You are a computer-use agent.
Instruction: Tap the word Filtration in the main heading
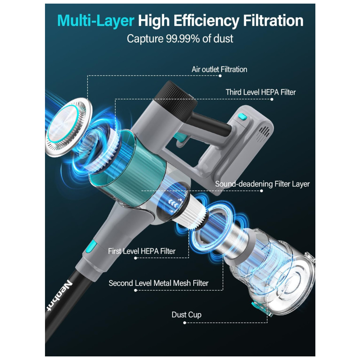pyautogui.click(x=273, y=21)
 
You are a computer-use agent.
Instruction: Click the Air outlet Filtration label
pyautogui.click(x=219, y=69)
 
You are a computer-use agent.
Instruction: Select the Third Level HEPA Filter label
pyautogui.click(x=261, y=92)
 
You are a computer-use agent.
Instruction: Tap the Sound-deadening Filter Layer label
pyautogui.click(x=262, y=184)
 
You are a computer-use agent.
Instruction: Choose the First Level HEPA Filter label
pyautogui.click(x=141, y=251)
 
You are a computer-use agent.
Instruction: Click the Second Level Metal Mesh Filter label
pyautogui.click(x=158, y=283)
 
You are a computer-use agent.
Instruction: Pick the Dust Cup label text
pyautogui.click(x=186, y=315)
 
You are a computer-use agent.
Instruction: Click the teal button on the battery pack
pyautogui.click(x=242, y=117)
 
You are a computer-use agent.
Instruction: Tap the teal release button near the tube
pyautogui.click(x=91, y=246)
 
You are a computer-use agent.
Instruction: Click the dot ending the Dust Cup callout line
pyautogui.click(x=185, y=323)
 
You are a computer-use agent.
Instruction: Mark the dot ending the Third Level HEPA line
pyautogui.click(x=272, y=99)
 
